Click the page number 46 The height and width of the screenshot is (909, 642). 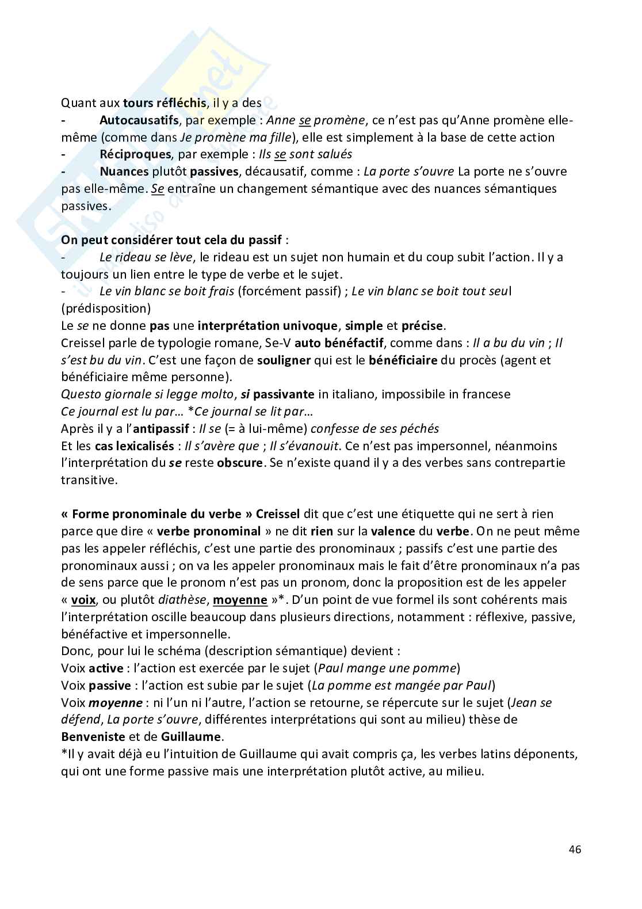[574, 849]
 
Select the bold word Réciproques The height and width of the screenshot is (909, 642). [135, 154]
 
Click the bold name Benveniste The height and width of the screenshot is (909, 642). [93, 736]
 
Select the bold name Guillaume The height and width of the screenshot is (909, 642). [191, 736]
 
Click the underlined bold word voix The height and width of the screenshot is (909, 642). [83, 600]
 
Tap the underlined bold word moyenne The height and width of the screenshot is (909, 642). [240, 600]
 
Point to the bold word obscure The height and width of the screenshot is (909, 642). [239, 463]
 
